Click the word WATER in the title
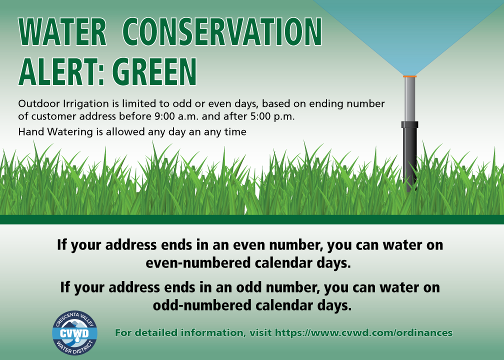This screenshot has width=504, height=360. (x=62, y=32)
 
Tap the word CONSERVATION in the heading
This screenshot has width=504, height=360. (x=222, y=32)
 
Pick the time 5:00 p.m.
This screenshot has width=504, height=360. (x=272, y=116)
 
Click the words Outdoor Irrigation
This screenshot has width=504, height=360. (x=63, y=104)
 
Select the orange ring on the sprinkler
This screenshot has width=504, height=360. (x=409, y=76)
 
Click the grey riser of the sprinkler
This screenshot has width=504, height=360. (x=409, y=99)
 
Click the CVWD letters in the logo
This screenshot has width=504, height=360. (x=74, y=333)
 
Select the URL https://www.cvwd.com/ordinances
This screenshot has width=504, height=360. (x=363, y=332)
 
